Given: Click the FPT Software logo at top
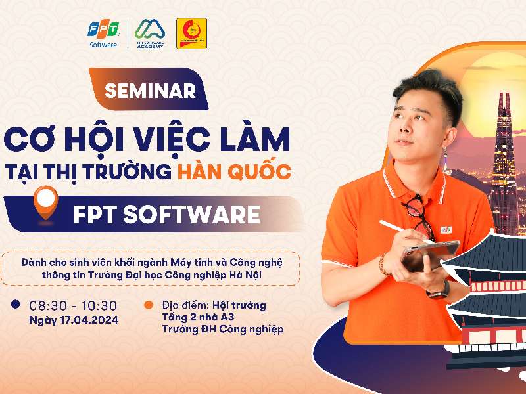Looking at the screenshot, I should click(x=103, y=34).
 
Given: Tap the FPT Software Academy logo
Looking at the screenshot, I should click(x=150, y=34).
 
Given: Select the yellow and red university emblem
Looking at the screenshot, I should click(x=191, y=34).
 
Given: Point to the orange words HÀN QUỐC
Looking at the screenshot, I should click(x=233, y=172).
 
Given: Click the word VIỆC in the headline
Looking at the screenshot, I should click(x=179, y=140).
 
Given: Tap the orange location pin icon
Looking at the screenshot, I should click(x=45, y=200).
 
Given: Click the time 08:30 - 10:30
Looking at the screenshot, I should click(x=72, y=305).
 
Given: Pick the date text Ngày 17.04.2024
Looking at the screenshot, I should click(x=72, y=320).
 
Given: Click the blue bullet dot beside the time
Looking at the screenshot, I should click(x=15, y=305).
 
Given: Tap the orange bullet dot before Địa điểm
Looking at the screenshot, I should click(x=149, y=305).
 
